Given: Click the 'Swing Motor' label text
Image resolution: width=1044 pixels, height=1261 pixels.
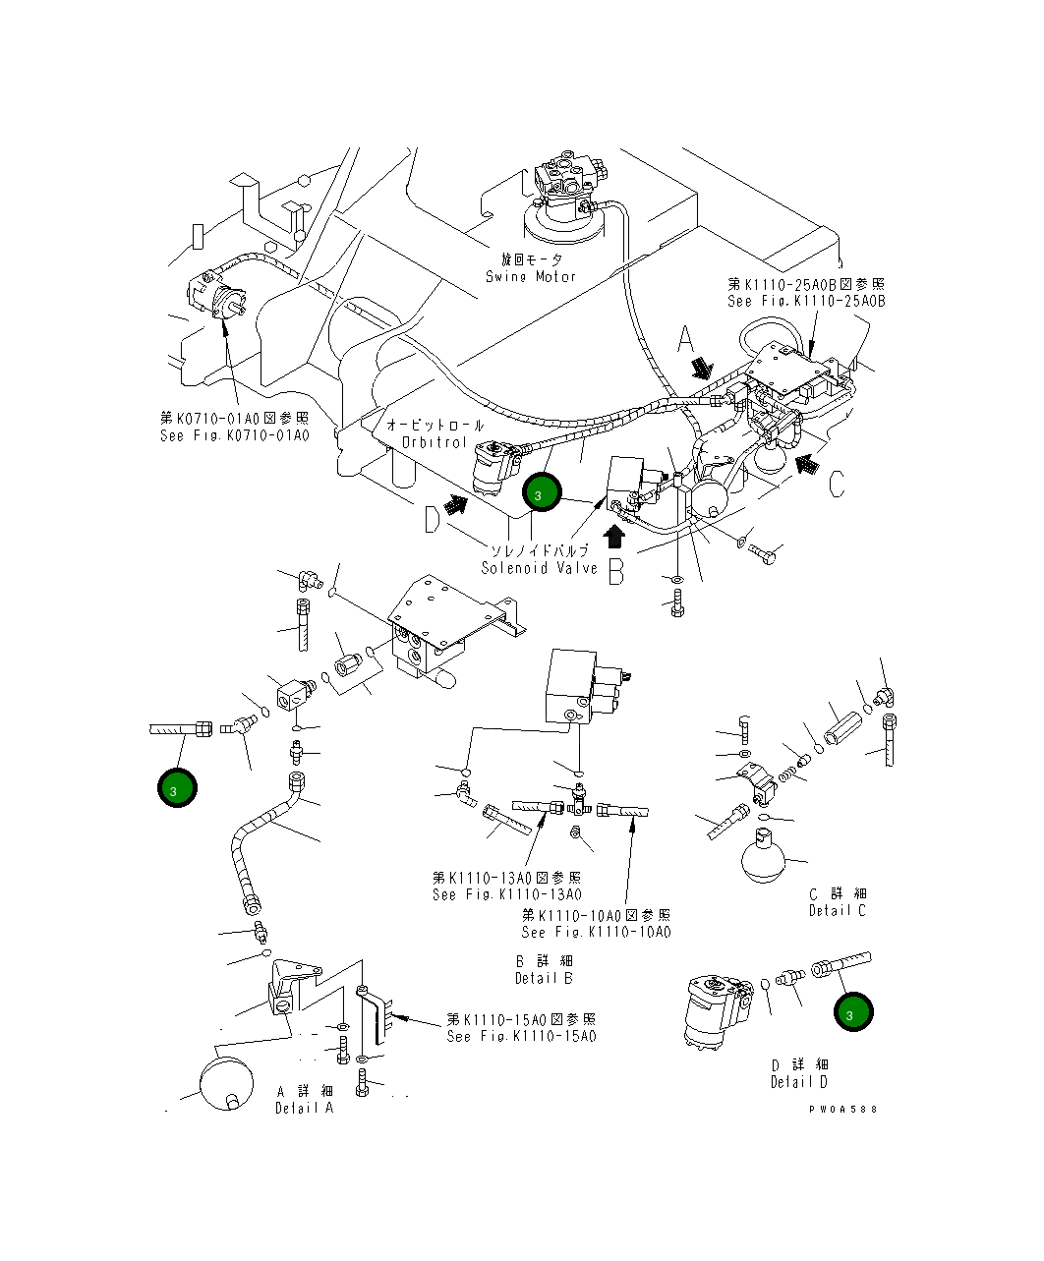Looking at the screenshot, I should [531, 276].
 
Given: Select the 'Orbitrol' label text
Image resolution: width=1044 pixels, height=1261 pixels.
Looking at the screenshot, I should [434, 442].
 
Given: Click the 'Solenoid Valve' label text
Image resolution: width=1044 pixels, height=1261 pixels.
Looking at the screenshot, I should [539, 568].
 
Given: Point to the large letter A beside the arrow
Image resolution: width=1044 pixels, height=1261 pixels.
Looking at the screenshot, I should [687, 341].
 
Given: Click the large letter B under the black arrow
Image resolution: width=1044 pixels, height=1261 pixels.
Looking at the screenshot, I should [615, 571].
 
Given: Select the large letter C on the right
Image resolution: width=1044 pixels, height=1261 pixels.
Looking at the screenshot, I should [836, 485].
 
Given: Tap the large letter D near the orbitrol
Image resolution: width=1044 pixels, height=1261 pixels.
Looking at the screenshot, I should [432, 519].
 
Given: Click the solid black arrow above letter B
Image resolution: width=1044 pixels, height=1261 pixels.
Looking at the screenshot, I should [615, 537].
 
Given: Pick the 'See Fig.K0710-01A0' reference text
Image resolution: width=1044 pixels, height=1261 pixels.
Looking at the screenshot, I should [234, 435].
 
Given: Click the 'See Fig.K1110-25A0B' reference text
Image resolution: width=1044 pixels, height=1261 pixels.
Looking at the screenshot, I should [806, 301].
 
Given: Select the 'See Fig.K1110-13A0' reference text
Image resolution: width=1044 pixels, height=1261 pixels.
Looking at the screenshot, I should [506, 894].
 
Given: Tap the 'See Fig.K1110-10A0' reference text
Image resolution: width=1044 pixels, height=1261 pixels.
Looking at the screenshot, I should [596, 932].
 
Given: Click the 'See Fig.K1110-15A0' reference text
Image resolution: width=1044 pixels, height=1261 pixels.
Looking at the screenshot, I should [521, 1036].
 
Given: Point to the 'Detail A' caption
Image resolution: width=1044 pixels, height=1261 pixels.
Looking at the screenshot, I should [304, 1108].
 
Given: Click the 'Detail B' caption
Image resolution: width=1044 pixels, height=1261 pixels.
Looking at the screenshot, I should [544, 978].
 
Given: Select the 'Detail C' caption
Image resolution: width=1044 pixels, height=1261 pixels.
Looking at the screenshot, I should [837, 910].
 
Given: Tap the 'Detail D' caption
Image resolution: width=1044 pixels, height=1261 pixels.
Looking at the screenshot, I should [798, 1082].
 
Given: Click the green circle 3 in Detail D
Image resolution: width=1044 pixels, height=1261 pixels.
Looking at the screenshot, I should [852, 1011].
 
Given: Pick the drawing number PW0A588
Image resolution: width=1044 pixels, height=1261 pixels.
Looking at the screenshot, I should [842, 1109].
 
